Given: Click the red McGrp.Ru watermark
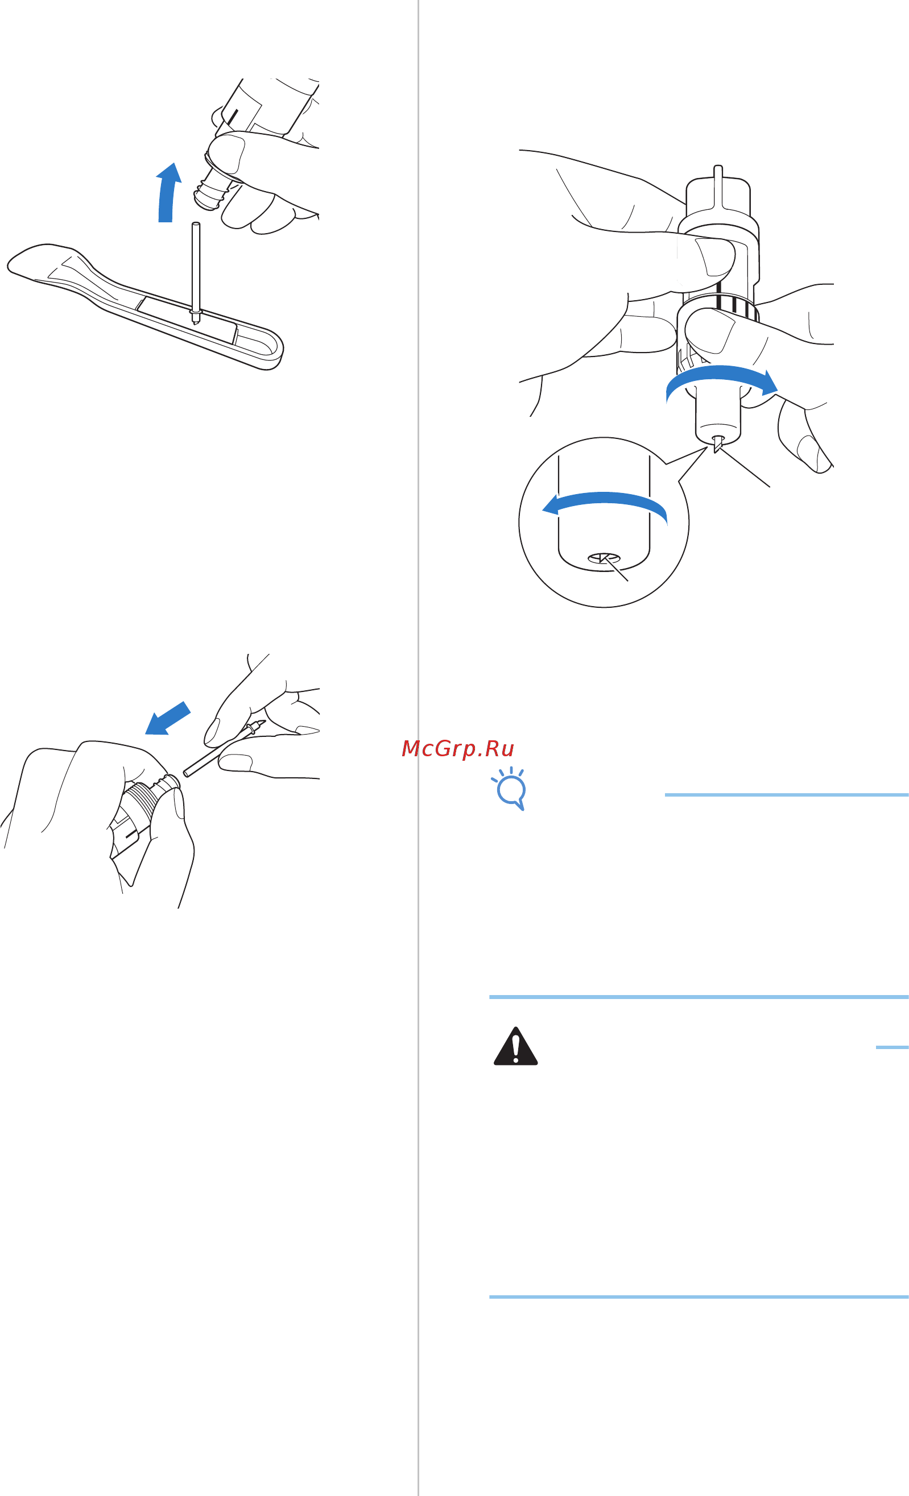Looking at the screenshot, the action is (458, 749).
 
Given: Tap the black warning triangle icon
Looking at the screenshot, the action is (515, 1046).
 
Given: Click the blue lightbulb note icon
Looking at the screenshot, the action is (510, 789).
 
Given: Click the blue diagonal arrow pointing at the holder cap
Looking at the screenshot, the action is (168, 718).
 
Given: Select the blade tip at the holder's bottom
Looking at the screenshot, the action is (718, 445).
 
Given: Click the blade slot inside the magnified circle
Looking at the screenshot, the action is (604, 558).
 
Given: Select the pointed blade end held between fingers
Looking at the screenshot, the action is (255, 727).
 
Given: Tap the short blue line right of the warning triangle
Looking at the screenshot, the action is (892, 1047).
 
